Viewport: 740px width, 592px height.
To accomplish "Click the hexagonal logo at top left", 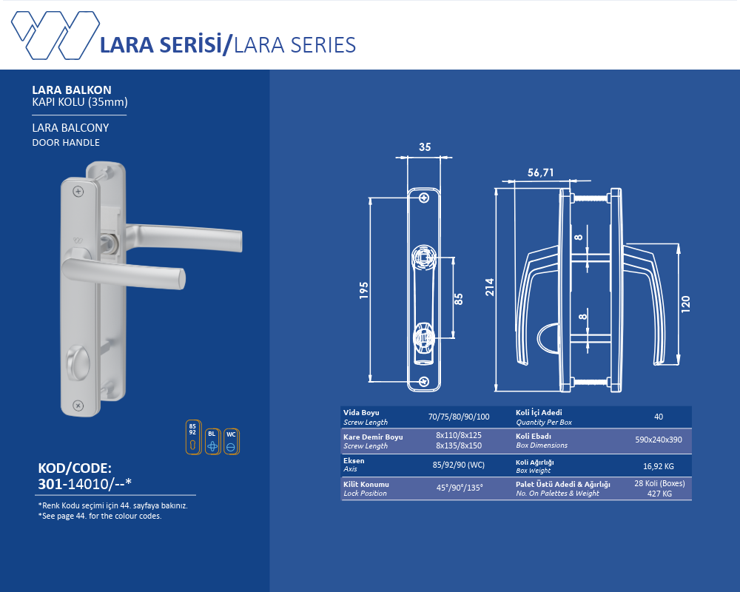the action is (55, 36).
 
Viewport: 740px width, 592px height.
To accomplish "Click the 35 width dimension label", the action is (425, 147).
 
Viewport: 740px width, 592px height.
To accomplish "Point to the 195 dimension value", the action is (363, 290).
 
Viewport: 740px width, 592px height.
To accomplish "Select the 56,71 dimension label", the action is (540, 172).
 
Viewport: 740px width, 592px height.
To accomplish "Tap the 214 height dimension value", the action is (489, 287).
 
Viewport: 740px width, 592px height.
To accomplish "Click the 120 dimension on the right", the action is (686, 303).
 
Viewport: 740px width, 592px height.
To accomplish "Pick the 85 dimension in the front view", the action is (458, 299).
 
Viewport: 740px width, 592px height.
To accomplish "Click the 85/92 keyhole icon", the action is (193, 437).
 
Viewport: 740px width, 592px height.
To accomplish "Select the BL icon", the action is (213, 441).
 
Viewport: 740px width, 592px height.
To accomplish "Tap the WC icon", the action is (231, 441).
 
